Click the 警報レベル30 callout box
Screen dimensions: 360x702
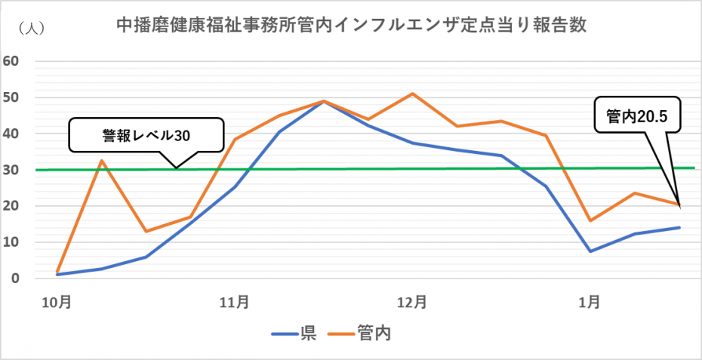(146, 136)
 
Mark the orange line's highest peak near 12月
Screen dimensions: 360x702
(412, 94)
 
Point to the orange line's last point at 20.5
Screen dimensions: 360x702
(679, 205)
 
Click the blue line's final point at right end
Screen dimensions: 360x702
(679, 227)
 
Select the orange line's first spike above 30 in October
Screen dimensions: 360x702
(102, 160)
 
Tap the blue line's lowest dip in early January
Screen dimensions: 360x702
(590, 251)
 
